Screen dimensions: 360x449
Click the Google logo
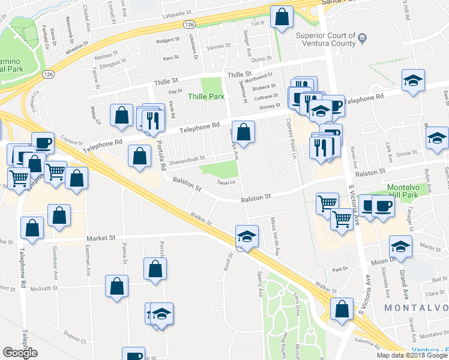20,352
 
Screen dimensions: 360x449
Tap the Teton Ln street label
225,182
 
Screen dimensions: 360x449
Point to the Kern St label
171,58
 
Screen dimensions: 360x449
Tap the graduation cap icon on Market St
247,236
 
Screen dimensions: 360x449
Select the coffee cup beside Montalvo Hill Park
383,206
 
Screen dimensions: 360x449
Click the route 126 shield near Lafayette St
190,24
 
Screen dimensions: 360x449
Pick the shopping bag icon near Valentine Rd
342,308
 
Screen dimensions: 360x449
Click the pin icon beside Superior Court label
362,39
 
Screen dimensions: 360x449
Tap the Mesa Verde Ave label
276,226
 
